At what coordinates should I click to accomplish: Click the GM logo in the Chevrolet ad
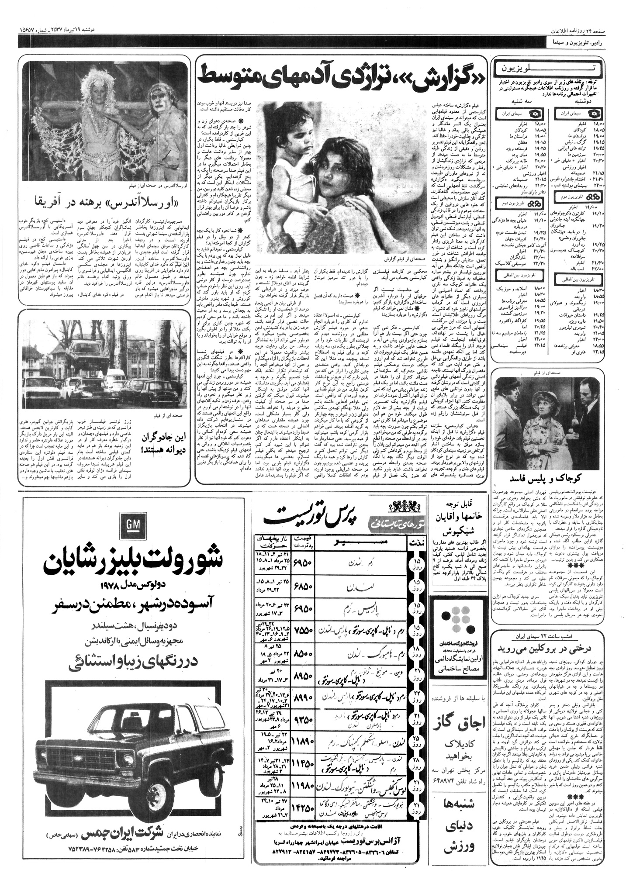(x=130, y=528)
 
